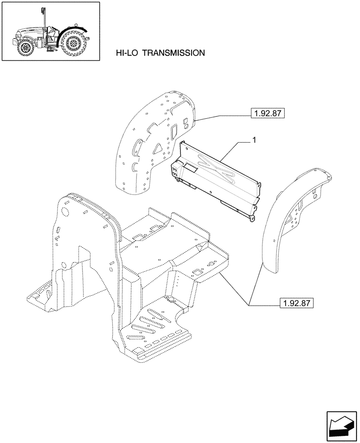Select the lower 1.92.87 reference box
point(297,303)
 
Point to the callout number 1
point(254,140)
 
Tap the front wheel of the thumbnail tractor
point(25,47)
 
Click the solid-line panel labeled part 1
point(217,177)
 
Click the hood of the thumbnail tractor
point(29,33)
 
